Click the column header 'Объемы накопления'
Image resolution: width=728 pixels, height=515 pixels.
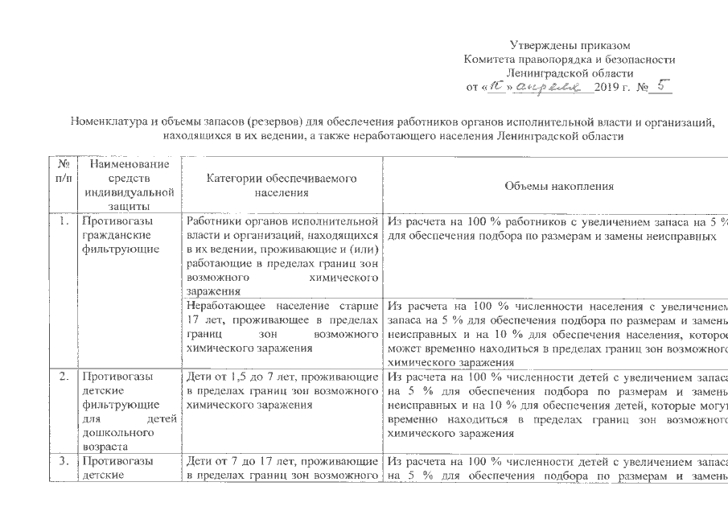pyautogui.click(x=559, y=186)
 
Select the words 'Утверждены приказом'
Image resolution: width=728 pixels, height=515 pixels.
pyautogui.click(x=570, y=43)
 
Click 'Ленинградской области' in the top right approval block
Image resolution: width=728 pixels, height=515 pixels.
pyautogui.click(x=570, y=72)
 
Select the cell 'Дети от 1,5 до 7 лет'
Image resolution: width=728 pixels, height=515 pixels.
pyautogui.click(x=282, y=391)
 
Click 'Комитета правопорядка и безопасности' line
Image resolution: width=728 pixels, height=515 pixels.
pyautogui.click(x=570, y=58)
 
